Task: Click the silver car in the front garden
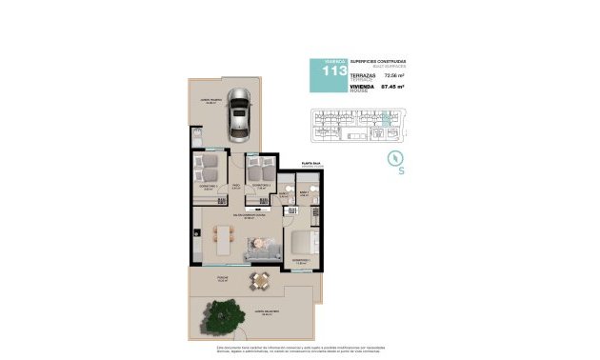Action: point(240,117)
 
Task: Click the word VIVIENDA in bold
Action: point(365,85)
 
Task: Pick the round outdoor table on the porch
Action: point(259,279)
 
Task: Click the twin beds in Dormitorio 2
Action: point(258,170)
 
